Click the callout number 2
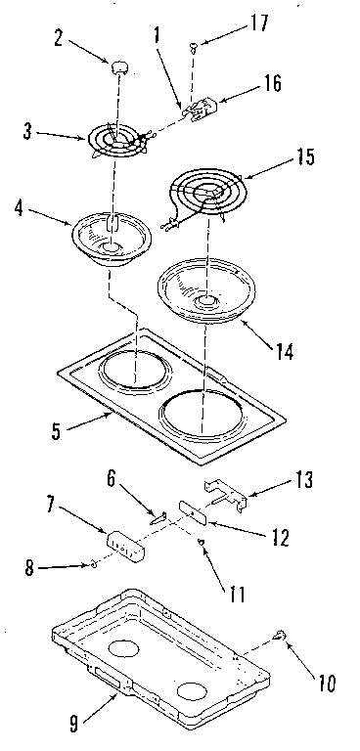pos(59,41)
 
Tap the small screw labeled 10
pos(281,638)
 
